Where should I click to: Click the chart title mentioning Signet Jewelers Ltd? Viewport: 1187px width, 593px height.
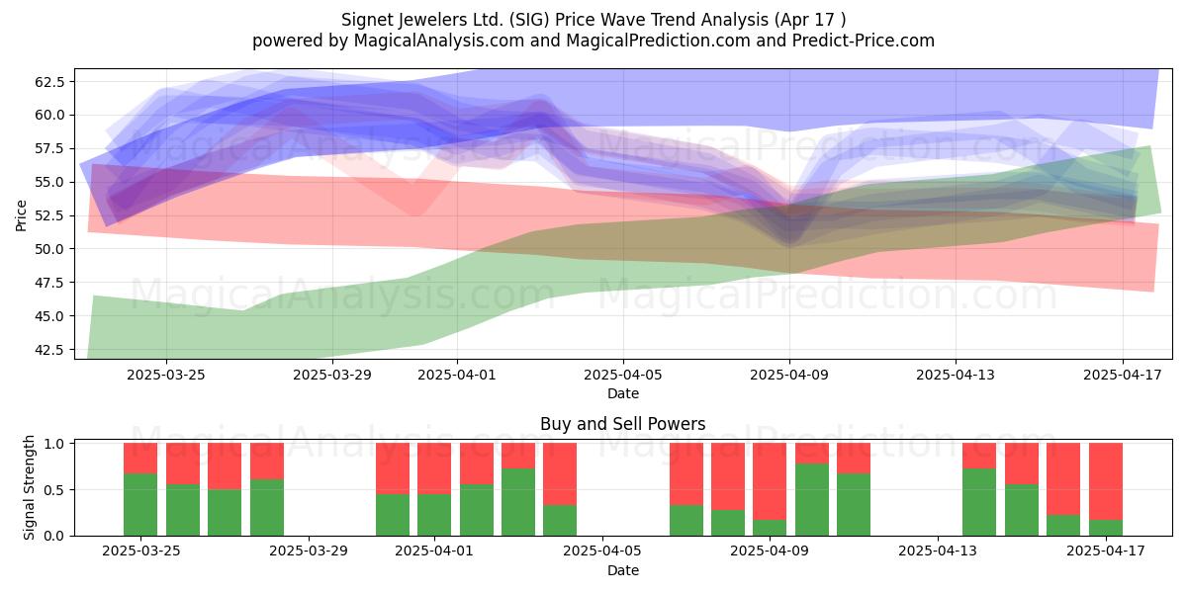click(593, 20)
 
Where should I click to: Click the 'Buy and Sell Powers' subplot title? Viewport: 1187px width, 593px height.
click(622, 424)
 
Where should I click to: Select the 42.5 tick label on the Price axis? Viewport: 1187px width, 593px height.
click(49, 350)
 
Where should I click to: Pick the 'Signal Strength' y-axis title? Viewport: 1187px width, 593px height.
click(29, 487)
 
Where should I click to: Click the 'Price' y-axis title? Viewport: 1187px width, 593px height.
click(21, 215)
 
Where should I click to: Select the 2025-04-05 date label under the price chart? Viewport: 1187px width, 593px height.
click(622, 375)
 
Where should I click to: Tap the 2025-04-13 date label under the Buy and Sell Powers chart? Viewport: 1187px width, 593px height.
click(938, 551)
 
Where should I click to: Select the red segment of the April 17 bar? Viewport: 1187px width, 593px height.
click(1106, 481)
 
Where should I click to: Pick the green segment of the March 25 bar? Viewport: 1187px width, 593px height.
click(140, 504)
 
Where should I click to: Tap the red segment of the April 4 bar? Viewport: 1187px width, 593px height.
click(560, 473)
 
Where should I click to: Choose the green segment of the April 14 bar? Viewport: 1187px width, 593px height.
click(979, 502)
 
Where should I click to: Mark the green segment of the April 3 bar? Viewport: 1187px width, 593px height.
click(518, 502)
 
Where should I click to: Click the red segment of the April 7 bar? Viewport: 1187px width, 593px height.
click(686, 473)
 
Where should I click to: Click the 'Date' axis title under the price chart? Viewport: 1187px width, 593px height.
click(622, 393)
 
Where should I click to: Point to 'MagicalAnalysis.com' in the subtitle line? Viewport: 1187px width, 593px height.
click(439, 41)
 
